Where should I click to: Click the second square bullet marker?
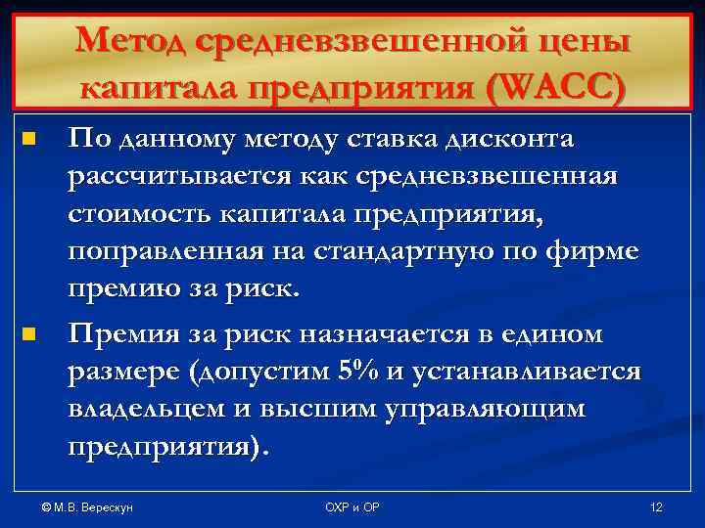coord(27,335)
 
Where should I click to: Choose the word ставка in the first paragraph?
coord(399,140)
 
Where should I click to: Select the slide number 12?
coord(656,508)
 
